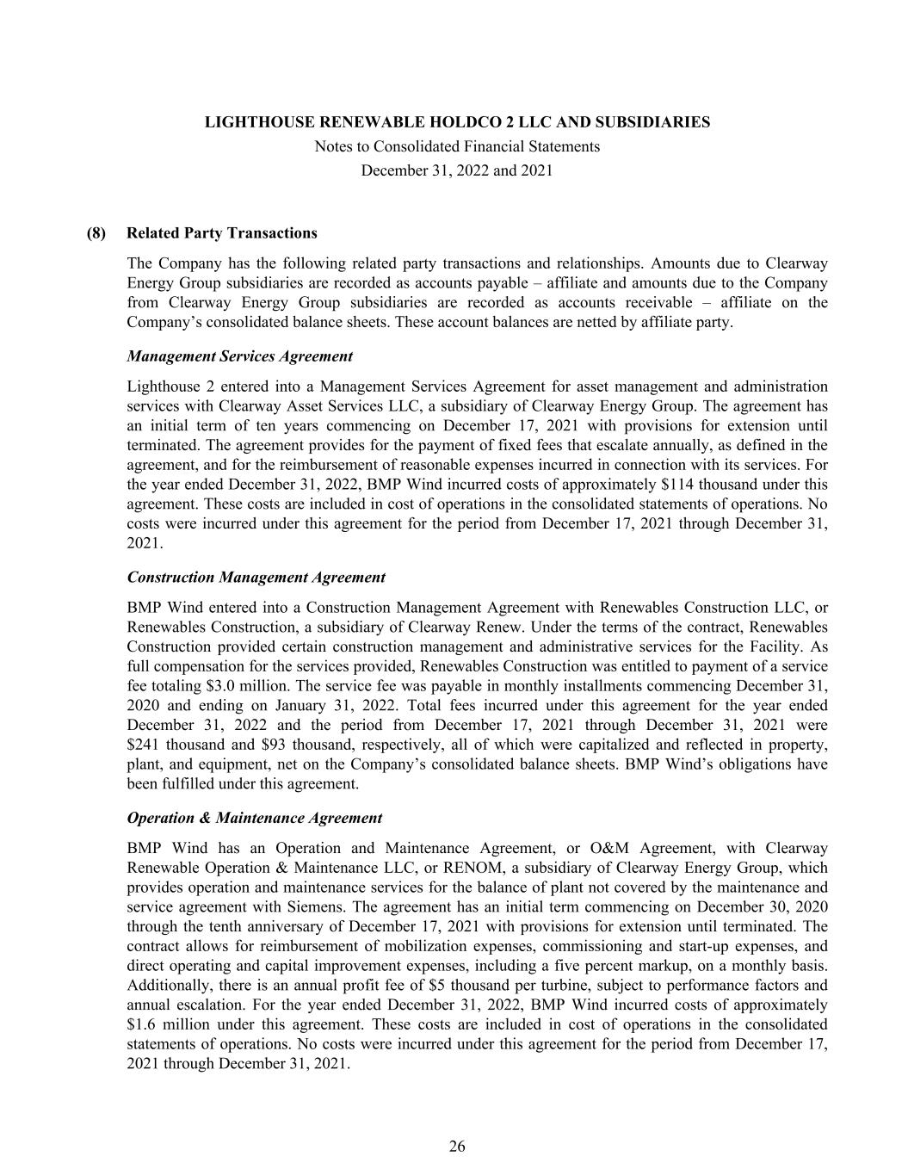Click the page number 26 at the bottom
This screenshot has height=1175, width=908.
click(x=457, y=1146)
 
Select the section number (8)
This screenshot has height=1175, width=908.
click(x=96, y=233)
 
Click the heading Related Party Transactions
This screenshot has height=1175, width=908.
click(x=221, y=233)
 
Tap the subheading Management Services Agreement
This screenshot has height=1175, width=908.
click(x=239, y=356)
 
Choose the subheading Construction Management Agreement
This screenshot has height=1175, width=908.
click(x=256, y=578)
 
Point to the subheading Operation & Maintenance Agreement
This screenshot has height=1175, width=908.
click(x=254, y=818)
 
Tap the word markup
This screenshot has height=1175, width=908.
click(x=705, y=966)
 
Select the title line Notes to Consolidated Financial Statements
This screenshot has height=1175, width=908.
click(x=457, y=146)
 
